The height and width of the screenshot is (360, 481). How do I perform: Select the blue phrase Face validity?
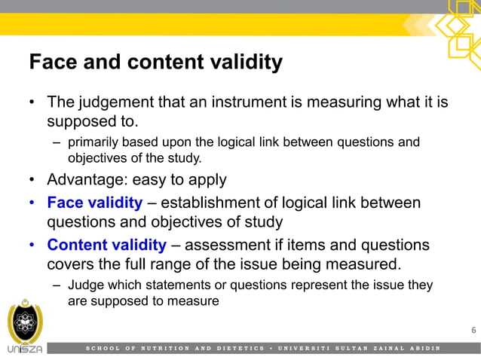click(94, 203)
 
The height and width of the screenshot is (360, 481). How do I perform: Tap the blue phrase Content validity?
click(106, 245)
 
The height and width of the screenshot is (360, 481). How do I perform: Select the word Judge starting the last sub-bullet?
click(84, 285)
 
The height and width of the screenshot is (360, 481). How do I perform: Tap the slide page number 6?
click(473, 329)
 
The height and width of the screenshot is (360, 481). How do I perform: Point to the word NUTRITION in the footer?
click(159, 348)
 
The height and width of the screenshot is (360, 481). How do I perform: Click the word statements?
click(162, 285)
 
